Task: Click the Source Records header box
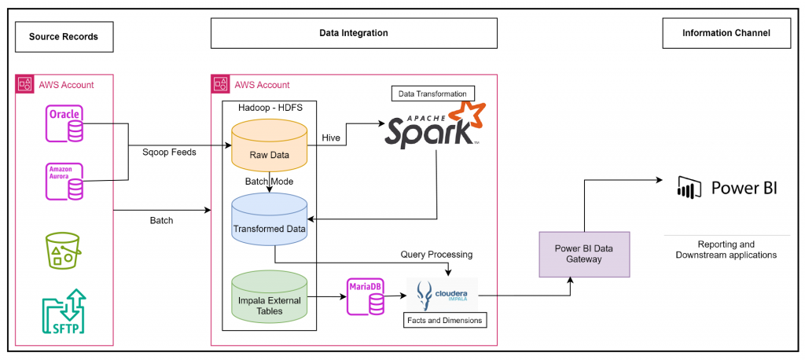(x=64, y=36)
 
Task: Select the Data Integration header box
(x=354, y=34)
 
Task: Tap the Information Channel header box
(x=725, y=34)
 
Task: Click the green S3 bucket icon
(x=65, y=249)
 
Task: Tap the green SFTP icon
(x=65, y=311)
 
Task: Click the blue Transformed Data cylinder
(x=269, y=219)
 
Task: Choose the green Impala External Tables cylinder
(x=269, y=299)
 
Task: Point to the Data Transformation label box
(x=434, y=93)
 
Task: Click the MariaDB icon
(x=366, y=296)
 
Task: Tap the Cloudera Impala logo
(x=442, y=295)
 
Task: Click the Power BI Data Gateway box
(x=584, y=254)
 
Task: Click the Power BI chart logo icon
(x=689, y=188)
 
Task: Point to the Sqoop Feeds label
(x=169, y=152)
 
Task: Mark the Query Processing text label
(x=436, y=255)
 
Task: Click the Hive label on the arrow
(x=331, y=138)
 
